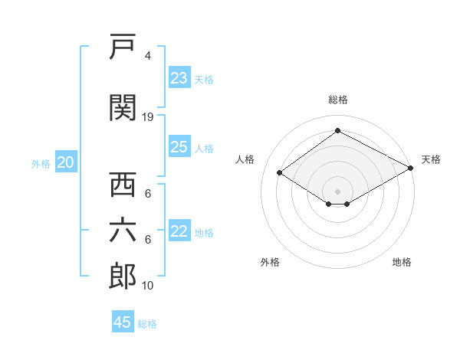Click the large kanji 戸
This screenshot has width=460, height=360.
click(x=123, y=46)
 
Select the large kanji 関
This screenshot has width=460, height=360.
click(x=123, y=107)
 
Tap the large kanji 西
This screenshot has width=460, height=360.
click(x=123, y=184)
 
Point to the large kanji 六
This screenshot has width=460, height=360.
click(x=123, y=231)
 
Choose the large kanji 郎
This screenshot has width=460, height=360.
click(x=123, y=277)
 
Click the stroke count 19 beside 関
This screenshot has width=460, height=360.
click(x=147, y=117)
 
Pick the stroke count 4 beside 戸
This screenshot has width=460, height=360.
click(x=148, y=55)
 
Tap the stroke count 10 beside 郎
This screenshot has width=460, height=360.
click(x=147, y=285)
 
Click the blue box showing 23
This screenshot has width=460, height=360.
click(x=179, y=77)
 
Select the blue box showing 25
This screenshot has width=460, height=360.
click(x=179, y=146)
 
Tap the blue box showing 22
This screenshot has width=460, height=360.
click(x=179, y=230)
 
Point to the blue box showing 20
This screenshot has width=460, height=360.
click(x=66, y=162)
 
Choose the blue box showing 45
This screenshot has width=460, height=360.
click(x=123, y=321)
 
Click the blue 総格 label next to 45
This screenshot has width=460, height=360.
click(x=147, y=324)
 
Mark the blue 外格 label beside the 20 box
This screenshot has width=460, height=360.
click(x=41, y=164)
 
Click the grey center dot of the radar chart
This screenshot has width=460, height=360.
click(x=337, y=191)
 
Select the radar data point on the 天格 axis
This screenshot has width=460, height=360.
click(x=411, y=168)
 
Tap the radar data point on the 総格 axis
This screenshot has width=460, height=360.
click(x=337, y=130)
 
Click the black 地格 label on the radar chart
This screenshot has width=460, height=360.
click(x=402, y=262)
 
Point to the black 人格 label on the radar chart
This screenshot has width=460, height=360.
click(x=245, y=159)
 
